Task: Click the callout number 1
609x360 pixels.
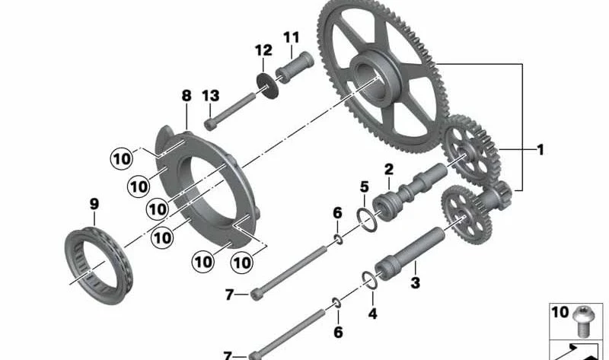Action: click(x=540, y=149)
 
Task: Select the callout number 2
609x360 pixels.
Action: click(x=389, y=169)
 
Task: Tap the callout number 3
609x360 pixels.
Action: click(x=415, y=282)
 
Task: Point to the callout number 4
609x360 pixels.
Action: click(x=372, y=313)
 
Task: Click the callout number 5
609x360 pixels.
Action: click(x=364, y=186)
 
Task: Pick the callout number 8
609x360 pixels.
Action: click(x=187, y=96)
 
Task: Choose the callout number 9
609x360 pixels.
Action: click(x=94, y=204)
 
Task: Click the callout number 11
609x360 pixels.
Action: click(x=292, y=37)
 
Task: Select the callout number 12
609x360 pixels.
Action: click(x=263, y=50)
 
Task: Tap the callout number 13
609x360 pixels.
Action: click(x=211, y=96)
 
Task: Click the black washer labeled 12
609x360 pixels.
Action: click(x=268, y=85)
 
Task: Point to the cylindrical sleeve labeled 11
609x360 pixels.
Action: click(x=295, y=67)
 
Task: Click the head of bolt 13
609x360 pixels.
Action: click(x=210, y=125)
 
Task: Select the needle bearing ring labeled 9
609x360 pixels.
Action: click(x=99, y=267)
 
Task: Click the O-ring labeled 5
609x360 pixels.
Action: click(x=367, y=220)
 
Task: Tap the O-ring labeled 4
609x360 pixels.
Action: click(x=369, y=280)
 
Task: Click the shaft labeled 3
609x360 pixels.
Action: click(x=410, y=254)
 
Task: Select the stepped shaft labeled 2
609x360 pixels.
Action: click(x=410, y=192)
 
